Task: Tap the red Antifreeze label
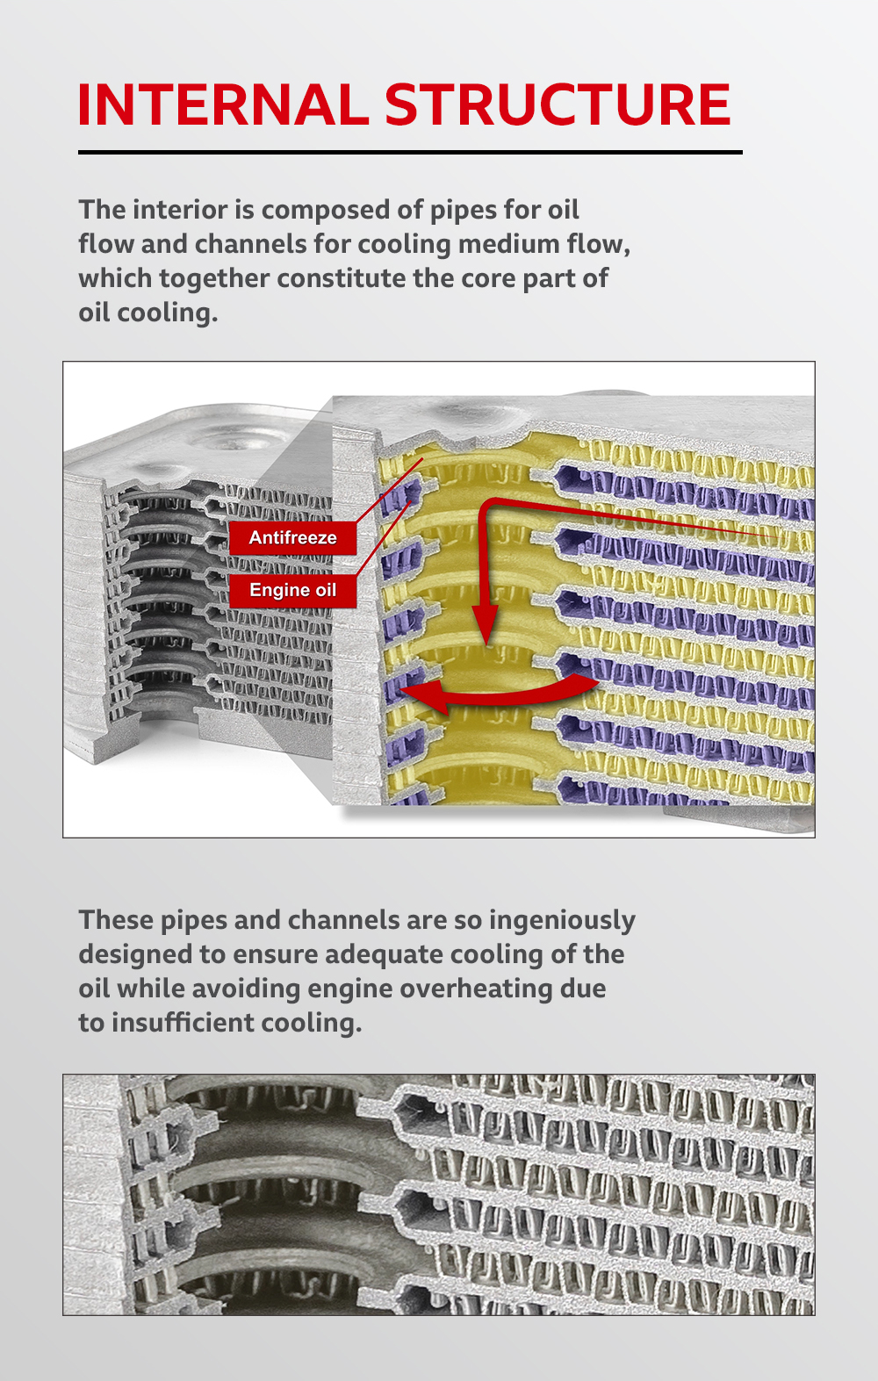click(x=293, y=537)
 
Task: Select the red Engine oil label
click(x=293, y=590)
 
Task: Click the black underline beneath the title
click(x=410, y=152)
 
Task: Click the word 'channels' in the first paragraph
click(x=249, y=244)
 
